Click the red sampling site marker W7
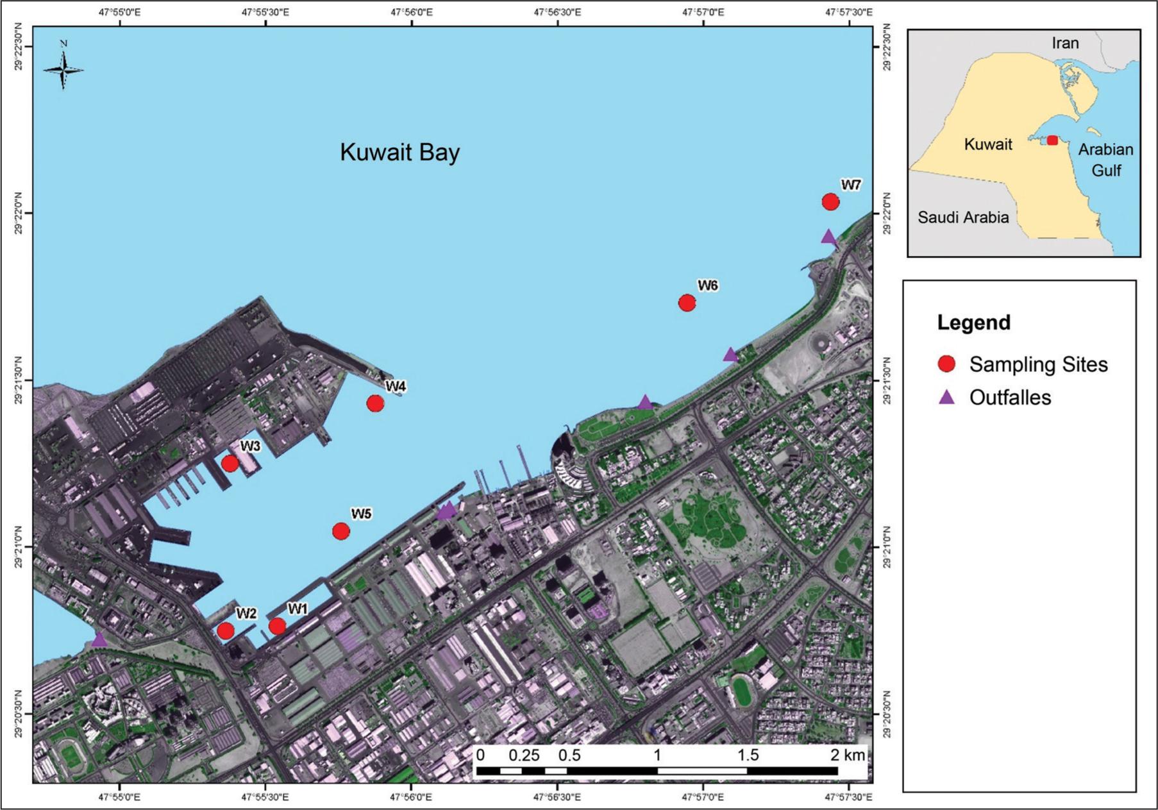(830, 202)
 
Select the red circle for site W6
(687, 303)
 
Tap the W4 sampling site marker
(375, 403)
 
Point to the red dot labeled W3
(230, 463)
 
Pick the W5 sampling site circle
(341, 531)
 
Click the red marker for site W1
(277, 626)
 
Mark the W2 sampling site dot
(226, 630)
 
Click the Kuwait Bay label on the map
(399, 153)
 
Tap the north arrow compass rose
(63, 69)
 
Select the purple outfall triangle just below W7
(828, 237)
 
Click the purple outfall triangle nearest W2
(99, 639)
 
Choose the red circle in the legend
(946, 364)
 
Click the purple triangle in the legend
(946, 398)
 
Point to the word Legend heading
(973, 323)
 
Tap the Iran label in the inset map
(1065, 43)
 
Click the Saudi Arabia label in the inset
(962, 217)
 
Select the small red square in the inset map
(1052, 140)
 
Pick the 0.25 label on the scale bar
(524, 755)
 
